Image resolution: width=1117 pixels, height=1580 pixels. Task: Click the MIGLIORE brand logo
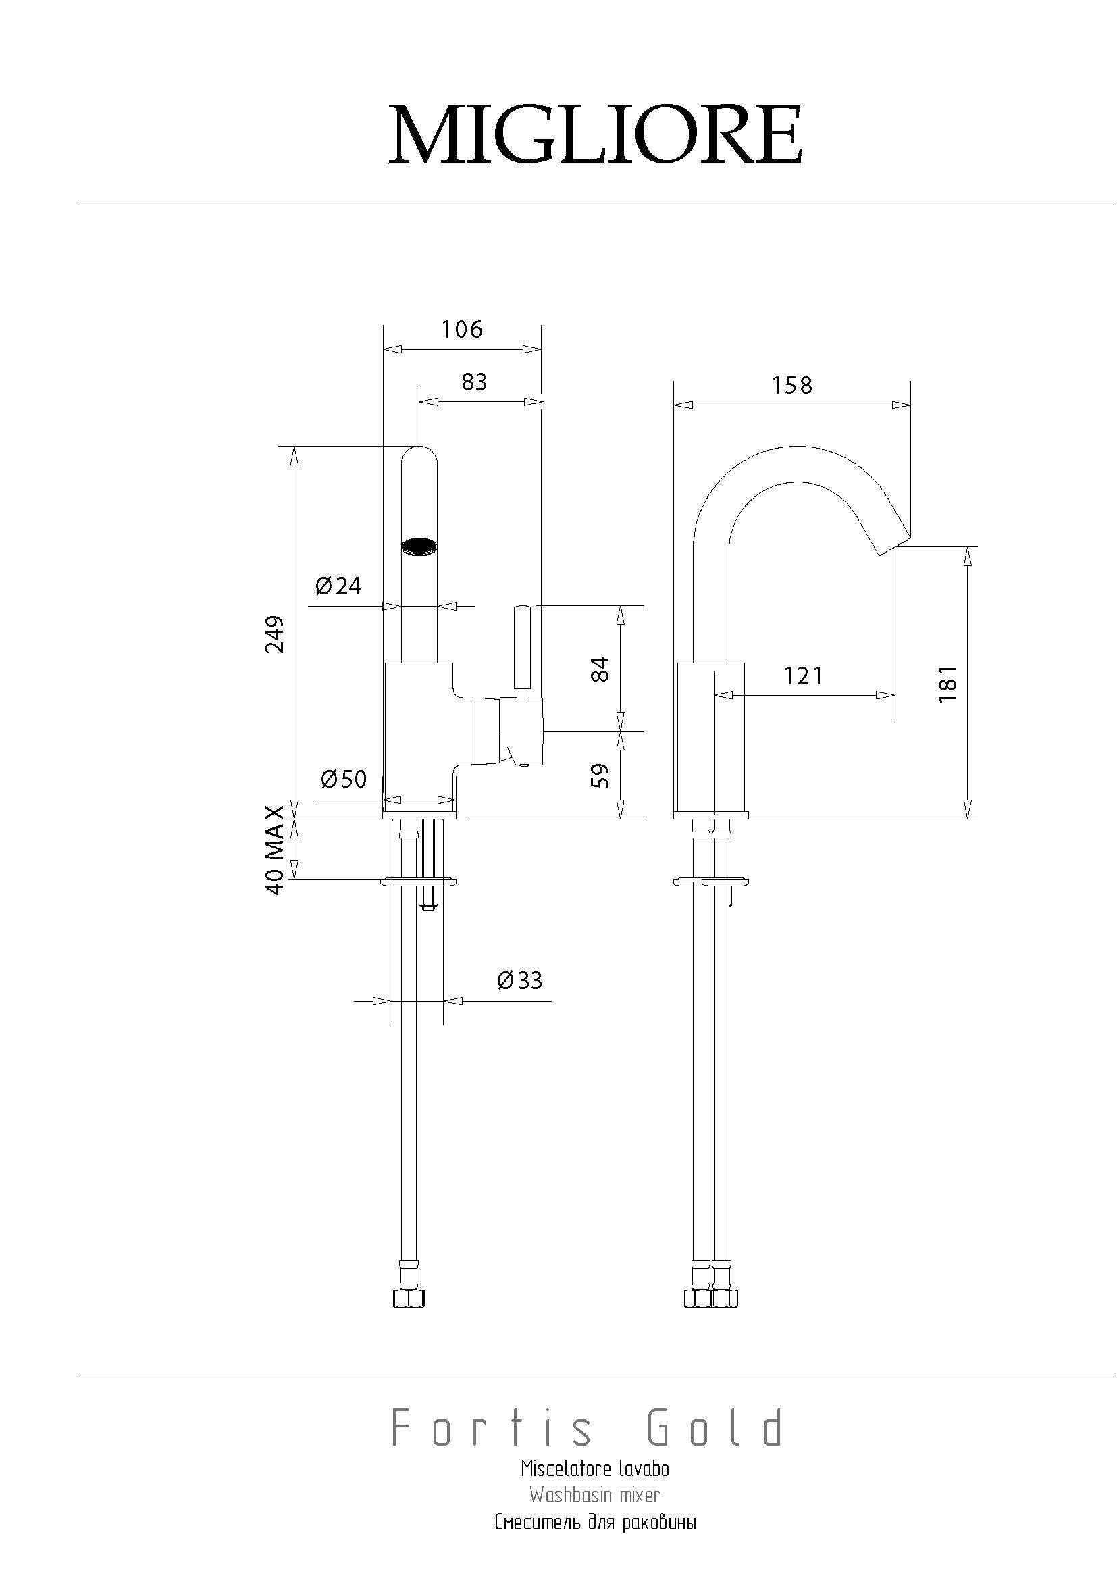(596, 135)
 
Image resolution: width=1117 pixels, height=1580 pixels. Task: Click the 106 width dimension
(462, 329)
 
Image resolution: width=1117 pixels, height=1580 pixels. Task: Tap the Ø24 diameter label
(338, 586)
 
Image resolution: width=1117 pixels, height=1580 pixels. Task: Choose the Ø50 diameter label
(344, 779)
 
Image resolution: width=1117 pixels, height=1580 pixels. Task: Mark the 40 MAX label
(274, 850)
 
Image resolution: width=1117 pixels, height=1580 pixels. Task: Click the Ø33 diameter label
(519, 980)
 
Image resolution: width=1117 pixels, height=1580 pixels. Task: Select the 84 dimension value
(600, 669)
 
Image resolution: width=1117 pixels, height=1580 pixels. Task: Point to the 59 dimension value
(600, 775)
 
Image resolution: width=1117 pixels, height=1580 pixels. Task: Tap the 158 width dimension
(791, 385)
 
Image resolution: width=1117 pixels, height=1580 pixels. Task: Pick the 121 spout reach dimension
(804, 676)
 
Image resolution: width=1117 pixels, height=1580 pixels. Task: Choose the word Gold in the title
(715, 1427)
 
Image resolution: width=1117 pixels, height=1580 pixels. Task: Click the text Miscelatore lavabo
(595, 1469)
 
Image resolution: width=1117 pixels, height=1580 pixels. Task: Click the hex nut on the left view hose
(409, 1298)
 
